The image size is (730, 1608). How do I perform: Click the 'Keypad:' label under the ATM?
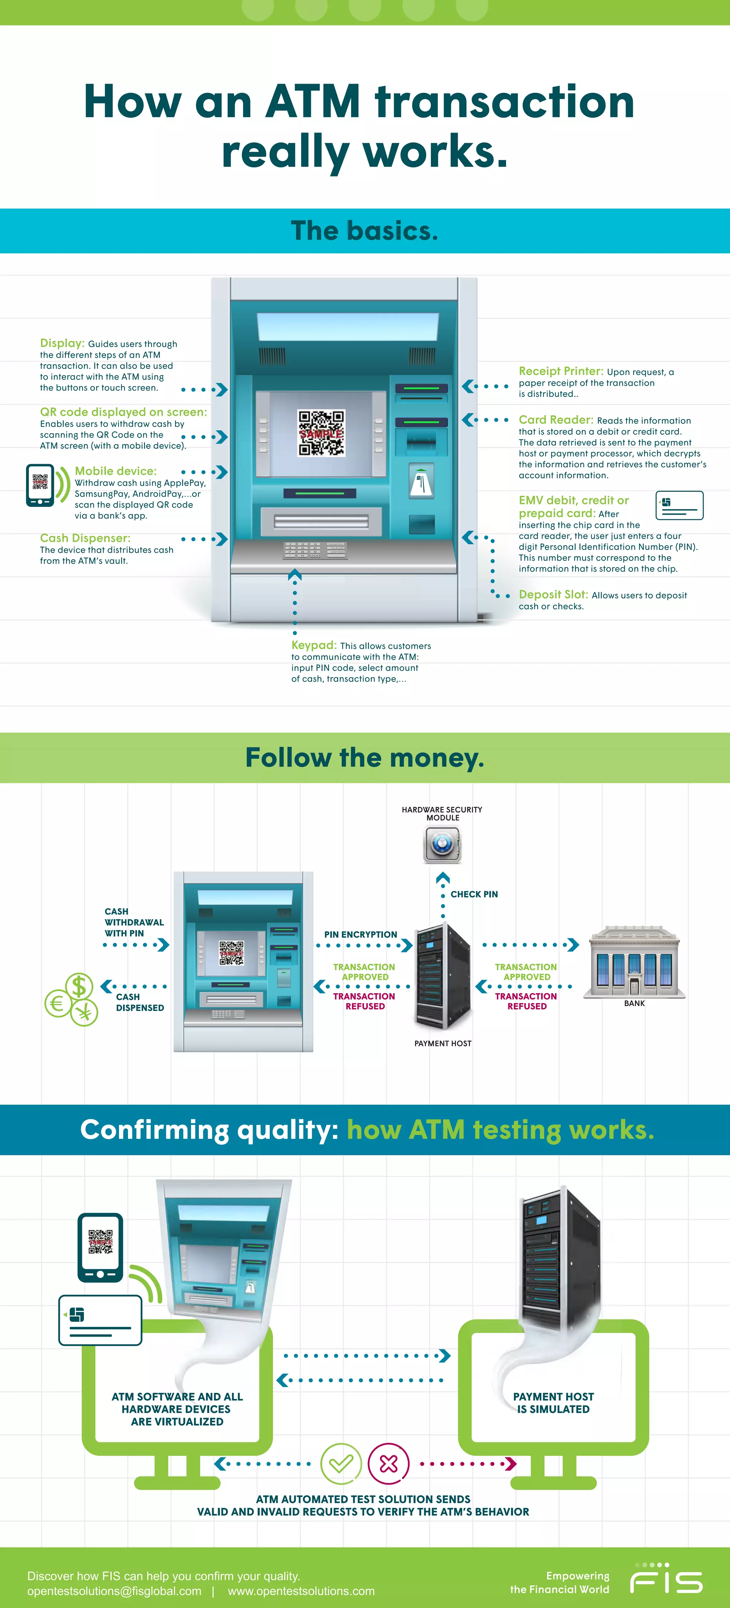(x=313, y=645)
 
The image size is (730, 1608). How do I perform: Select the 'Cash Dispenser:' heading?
(x=85, y=538)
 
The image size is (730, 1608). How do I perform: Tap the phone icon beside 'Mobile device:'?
(x=40, y=485)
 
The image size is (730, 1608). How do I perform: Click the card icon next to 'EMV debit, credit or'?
(x=679, y=505)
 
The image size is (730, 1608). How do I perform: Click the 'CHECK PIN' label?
(x=474, y=894)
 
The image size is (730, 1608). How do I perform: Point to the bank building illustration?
(x=634, y=961)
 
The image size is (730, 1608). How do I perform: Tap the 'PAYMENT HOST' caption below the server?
(x=443, y=1043)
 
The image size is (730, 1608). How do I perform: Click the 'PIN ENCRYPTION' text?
(x=360, y=934)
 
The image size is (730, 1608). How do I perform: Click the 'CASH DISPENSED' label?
(x=139, y=1002)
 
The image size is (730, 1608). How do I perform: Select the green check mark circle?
(x=341, y=1463)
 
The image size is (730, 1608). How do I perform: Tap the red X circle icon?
(x=389, y=1463)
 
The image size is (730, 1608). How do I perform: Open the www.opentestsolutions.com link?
(x=301, y=1591)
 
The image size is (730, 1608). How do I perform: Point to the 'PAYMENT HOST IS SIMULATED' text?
(x=553, y=1402)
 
